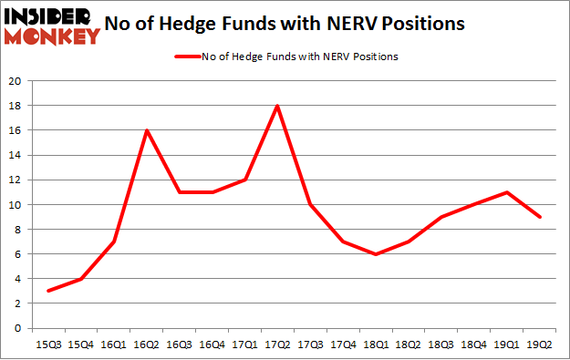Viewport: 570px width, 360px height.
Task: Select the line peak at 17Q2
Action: (x=276, y=106)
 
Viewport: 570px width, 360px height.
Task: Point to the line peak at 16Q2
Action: (x=147, y=130)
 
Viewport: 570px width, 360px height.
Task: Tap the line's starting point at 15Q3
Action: (x=49, y=291)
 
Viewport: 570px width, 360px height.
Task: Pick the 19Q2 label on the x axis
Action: (x=534, y=344)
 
